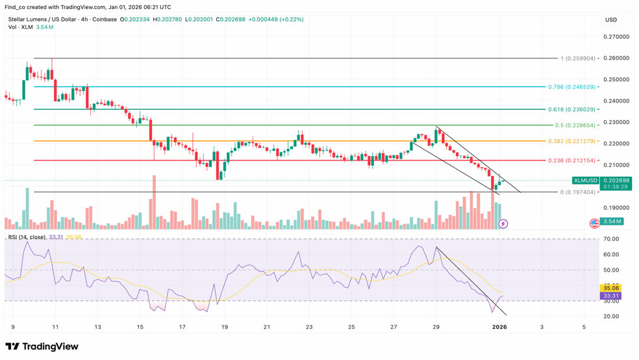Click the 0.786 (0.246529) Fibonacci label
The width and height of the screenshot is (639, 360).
click(x=571, y=86)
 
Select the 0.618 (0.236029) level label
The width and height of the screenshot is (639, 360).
click(x=571, y=110)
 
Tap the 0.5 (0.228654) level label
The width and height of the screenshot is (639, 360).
click(x=575, y=125)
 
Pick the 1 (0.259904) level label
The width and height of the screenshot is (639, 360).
click(x=577, y=58)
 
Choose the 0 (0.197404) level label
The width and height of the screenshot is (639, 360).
click(x=577, y=192)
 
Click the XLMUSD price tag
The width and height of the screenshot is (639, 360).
click(x=584, y=180)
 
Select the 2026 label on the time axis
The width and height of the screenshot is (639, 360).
click(x=499, y=327)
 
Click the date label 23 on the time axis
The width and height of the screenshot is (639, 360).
click(x=309, y=327)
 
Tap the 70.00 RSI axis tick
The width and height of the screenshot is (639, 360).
click(x=612, y=239)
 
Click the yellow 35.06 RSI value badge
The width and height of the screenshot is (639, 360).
click(x=612, y=287)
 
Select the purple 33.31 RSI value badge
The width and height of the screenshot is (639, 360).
click(x=612, y=296)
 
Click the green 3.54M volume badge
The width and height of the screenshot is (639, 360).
click(x=612, y=222)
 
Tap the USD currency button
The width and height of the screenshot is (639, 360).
click(x=611, y=19)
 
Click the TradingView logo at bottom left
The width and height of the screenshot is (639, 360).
click(x=42, y=346)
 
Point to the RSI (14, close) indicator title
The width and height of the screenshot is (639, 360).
click(x=27, y=237)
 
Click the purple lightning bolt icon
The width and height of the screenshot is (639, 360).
click(x=503, y=224)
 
